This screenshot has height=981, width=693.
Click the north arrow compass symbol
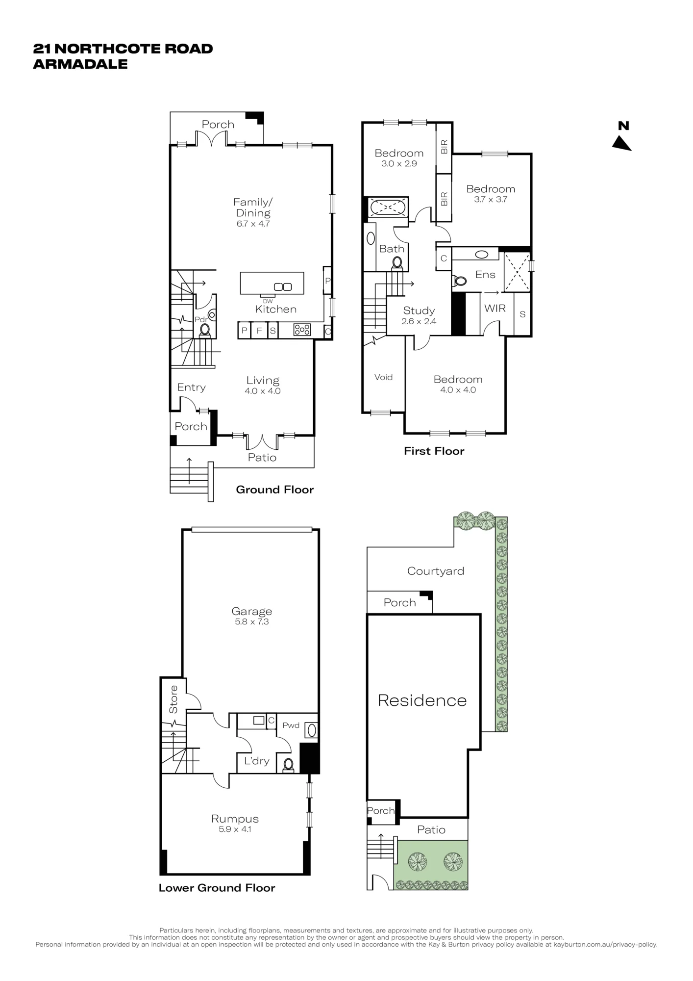pyautogui.click(x=622, y=142)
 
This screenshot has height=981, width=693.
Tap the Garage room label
pyautogui.click(x=251, y=611)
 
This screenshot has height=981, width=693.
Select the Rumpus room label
pyautogui.click(x=235, y=819)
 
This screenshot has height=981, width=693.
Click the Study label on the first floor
pyautogui.click(x=419, y=310)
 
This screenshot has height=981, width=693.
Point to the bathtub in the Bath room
pyautogui.click(x=388, y=207)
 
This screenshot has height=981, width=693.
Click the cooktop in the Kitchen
pyautogui.click(x=302, y=330)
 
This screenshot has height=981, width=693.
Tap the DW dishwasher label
pyautogui.click(x=268, y=301)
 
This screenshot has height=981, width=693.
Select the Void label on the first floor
pyautogui.click(x=383, y=377)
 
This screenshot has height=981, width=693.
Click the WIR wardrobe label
pyautogui.click(x=495, y=308)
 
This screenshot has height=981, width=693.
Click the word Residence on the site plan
pyautogui.click(x=422, y=700)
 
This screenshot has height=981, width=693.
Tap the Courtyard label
pyautogui.click(x=436, y=571)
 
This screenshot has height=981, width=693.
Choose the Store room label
pyautogui.click(x=173, y=699)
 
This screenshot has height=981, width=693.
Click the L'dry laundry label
pyautogui.click(x=257, y=761)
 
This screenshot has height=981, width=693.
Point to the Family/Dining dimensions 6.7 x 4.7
pyautogui.click(x=253, y=224)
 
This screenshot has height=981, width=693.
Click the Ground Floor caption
pyautogui.click(x=275, y=490)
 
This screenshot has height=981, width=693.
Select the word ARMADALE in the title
pyautogui.click(x=80, y=64)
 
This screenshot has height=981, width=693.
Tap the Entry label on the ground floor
pyautogui.click(x=191, y=387)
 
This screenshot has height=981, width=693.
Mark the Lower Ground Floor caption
pyautogui.click(x=217, y=888)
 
